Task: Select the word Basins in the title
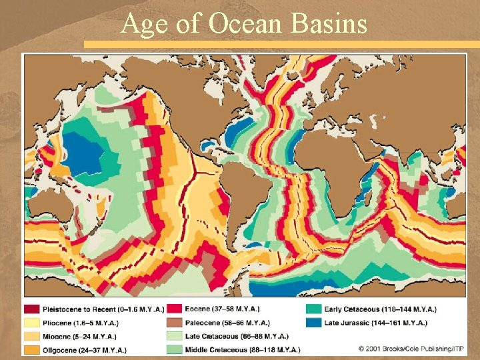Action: [331, 24]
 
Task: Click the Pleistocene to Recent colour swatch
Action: [32, 309]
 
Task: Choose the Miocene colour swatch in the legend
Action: [32, 336]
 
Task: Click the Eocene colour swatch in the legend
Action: [174, 309]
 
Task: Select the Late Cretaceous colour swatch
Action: [174, 336]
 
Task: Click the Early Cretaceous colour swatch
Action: [313, 309]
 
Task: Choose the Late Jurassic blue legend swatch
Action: [313, 323]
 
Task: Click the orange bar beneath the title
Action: [280, 44]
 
